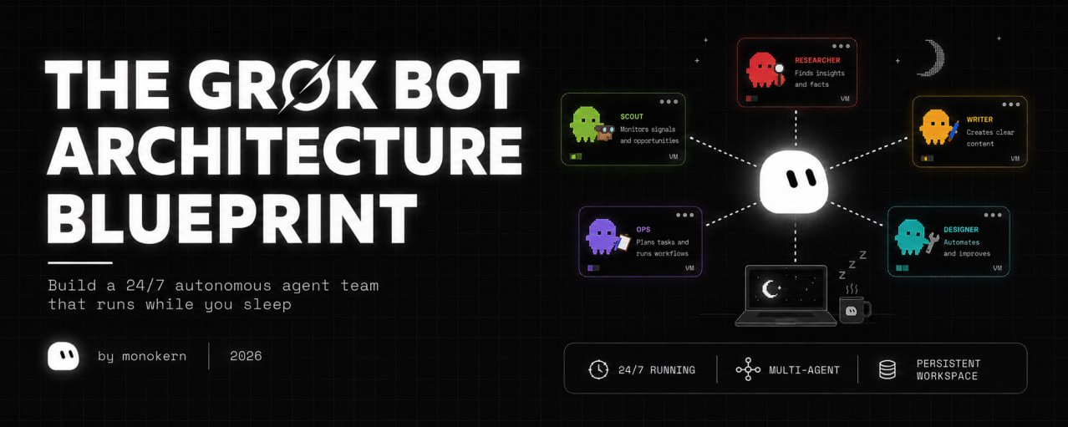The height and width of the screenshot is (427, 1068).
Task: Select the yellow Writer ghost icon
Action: pos(935,127)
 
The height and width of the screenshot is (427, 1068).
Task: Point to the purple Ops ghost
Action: pos(602,236)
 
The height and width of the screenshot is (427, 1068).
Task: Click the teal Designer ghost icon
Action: pos(911,236)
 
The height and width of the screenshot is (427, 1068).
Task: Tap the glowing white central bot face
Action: pos(794,182)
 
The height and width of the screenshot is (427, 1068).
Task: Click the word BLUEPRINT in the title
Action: pos(232,218)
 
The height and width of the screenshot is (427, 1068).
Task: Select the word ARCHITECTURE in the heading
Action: pos(284,150)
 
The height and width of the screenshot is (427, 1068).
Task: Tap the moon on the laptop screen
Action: pos(770,289)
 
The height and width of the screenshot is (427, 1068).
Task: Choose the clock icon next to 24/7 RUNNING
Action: pos(598,369)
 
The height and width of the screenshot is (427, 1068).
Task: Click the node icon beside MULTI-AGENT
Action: pos(748,369)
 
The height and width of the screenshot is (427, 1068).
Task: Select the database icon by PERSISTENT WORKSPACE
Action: pos(887,369)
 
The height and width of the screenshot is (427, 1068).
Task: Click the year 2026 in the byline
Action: pos(246,356)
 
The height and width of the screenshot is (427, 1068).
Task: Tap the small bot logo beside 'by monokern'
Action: pos(64,356)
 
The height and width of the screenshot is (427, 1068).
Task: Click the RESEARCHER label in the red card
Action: pos(817,60)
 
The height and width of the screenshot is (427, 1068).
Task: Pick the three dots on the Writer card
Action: pos(1011,104)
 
